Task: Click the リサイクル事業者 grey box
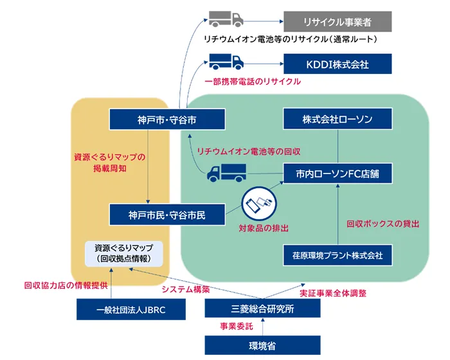pos(338,21)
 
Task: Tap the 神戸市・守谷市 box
pos(166,120)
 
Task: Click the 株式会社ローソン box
pos(338,120)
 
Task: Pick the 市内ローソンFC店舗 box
pos(338,174)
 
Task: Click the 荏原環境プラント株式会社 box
pos(338,255)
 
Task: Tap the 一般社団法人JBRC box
pos(131,309)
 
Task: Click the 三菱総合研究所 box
pos(262,309)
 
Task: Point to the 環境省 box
pos(262,346)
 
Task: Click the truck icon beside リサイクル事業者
pos(226,20)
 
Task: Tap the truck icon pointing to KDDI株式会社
pos(226,62)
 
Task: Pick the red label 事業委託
pos(235,327)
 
